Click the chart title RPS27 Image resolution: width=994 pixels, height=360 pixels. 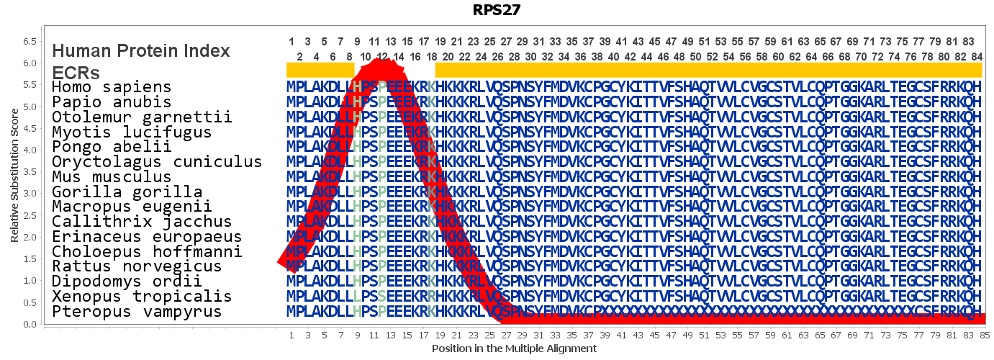(x=497, y=10)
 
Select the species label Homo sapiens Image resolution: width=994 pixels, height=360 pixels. (x=112, y=87)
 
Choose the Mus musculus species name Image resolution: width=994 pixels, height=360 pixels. (x=112, y=177)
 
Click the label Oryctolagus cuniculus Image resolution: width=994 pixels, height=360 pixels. (x=157, y=162)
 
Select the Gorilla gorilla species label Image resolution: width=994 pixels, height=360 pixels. (x=127, y=192)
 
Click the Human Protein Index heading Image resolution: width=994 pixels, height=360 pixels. (x=141, y=51)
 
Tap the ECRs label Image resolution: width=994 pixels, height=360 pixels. (x=76, y=73)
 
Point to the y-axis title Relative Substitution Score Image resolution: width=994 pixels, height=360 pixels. (x=14, y=175)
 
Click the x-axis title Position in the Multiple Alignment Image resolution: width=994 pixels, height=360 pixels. (x=514, y=348)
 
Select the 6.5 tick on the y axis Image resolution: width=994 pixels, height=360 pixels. (x=30, y=42)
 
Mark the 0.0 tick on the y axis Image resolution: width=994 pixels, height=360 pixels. (x=30, y=325)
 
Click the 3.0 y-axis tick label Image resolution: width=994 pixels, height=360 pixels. (x=30, y=194)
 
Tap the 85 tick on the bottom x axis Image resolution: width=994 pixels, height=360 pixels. (x=985, y=335)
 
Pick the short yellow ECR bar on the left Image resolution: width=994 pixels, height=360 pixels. (x=320, y=70)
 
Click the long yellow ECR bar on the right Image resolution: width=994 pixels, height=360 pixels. (x=708, y=70)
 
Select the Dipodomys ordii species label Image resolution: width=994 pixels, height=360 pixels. (x=122, y=282)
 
